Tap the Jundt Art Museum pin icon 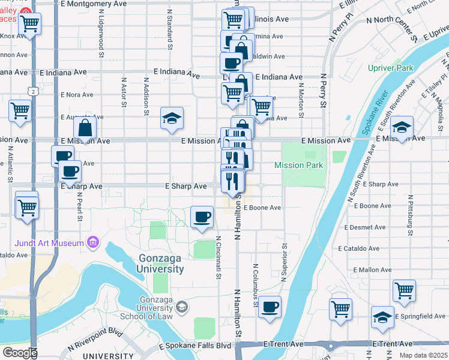[x=92, y=243]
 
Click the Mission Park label [x=298, y=165]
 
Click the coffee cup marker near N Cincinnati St [x=202, y=217]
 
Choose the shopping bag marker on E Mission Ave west [x=85, y=127]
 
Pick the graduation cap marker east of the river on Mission [x=402, y=127]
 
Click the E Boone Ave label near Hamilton [x=262, y=208]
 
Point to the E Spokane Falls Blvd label [x=194, y=346]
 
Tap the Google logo [x=20, y=352]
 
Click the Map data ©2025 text [x=423, y=355]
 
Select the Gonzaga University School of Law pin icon [x=182, y=308]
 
